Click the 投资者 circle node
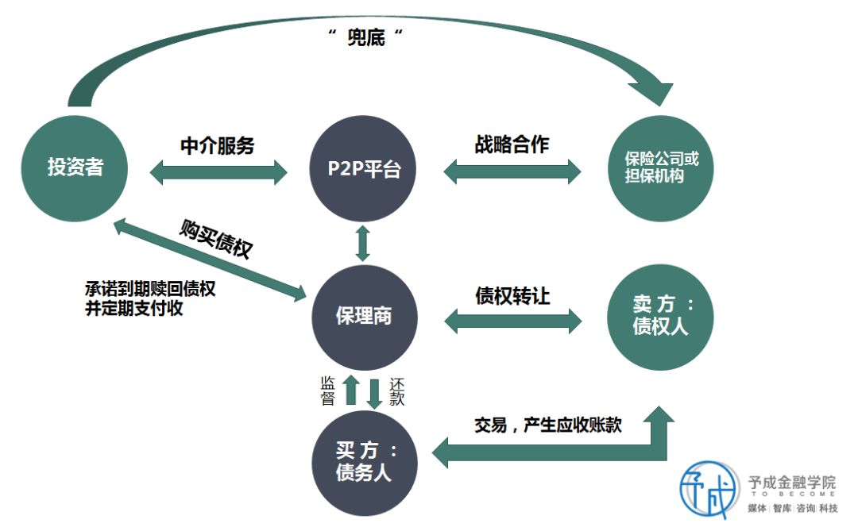75,169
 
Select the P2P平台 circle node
364,169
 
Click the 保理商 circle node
364,316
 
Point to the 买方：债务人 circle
364,463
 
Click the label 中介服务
218,145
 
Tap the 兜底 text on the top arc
366,37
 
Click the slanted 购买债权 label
216,237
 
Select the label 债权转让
512,295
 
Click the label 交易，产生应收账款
547,425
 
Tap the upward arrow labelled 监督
349,391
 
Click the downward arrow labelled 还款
374,391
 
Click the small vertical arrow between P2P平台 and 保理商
363,243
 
